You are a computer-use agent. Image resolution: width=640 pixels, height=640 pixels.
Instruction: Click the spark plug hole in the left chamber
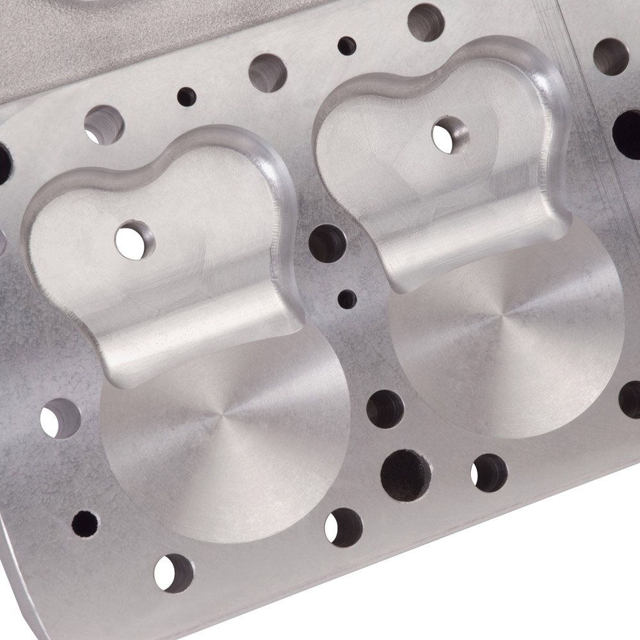coord(135,239)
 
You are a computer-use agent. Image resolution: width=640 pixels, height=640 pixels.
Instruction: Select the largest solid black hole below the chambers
coord(406,472)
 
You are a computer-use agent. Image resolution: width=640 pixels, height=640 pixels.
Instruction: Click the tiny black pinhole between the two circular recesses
coord(348,297)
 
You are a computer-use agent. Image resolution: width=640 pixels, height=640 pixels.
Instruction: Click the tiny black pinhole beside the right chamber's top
coord(346,45)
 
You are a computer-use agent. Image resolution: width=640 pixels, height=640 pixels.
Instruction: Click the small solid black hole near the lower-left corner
coord(84,523)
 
